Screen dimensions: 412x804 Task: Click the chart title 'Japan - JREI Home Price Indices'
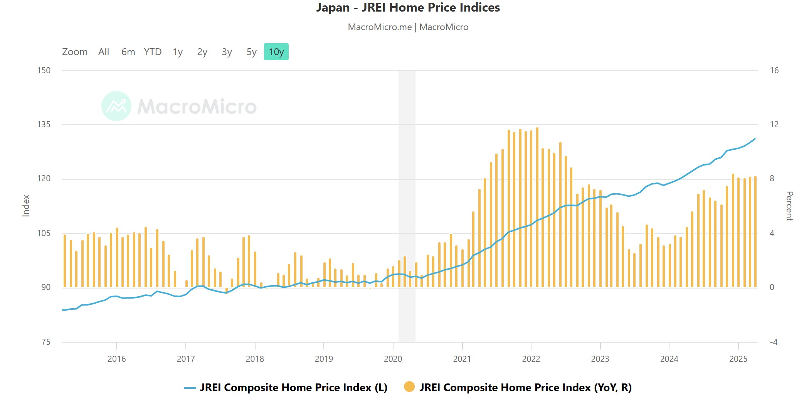tap(408, 8)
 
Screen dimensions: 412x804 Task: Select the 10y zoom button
tap(276, 52)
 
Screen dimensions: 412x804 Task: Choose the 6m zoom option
tap(128, 52)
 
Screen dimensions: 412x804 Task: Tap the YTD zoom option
tap(153, 52)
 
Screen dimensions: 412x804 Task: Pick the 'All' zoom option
tap(104, 52)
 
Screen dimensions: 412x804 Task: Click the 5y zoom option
tap(251, 52)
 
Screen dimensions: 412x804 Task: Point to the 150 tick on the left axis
tap(44, 71)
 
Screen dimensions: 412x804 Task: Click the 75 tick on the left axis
tap(46, 342)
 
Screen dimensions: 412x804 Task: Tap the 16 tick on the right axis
tap(774, 71)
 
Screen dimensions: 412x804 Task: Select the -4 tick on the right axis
tap(773, 342)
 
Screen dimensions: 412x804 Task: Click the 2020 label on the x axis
tap(393, 359)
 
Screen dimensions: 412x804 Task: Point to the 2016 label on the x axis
tap(116, 359)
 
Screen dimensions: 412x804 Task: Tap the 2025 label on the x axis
tap(738, 359)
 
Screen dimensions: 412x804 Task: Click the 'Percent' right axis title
tap(789, 206)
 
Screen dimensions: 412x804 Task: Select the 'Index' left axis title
tap(26, 206)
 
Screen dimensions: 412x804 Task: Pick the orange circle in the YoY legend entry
tap(409, 387)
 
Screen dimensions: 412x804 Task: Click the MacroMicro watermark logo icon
tap(116, 106)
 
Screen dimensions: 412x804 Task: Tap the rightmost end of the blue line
tap(755, 139)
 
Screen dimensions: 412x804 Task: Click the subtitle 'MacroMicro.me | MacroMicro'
tap(408, 27)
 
